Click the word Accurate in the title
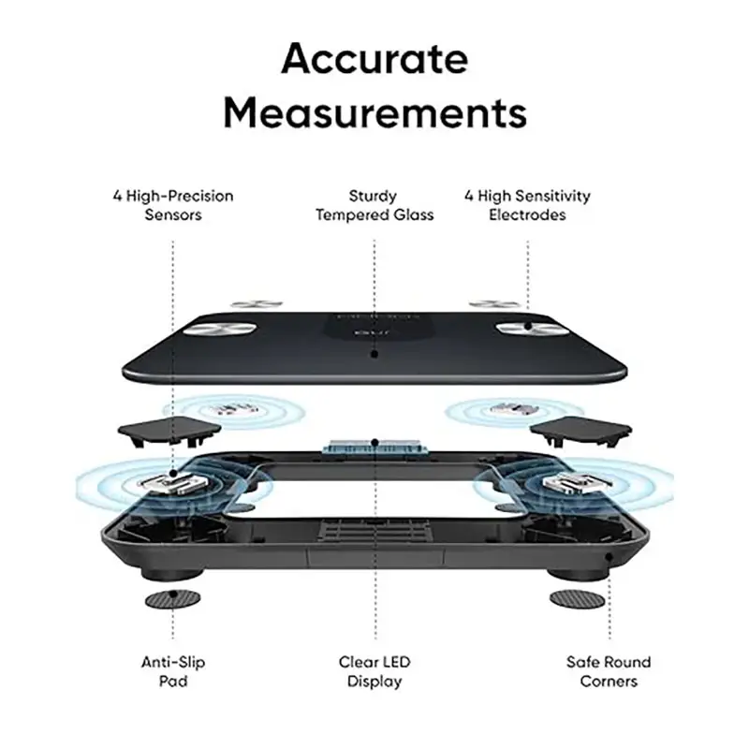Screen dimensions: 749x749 [374, 59]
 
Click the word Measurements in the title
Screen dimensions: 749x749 [375, 112]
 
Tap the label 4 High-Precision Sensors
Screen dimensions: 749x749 [173, 205]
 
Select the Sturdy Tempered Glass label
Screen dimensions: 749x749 [374, 205]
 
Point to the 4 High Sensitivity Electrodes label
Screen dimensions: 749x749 [527, 205]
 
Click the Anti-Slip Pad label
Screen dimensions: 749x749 [173, 671]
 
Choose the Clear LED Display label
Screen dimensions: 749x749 [374, 671]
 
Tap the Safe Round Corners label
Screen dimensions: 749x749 [609, 671]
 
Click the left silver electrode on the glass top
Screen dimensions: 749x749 [221, 329]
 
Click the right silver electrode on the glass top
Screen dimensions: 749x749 [531, 329]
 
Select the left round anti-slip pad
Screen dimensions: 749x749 [173, 598]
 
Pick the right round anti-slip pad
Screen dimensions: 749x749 [577, 598]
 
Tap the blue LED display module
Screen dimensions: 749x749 [374, 446]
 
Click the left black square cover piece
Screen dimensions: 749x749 [169, 430]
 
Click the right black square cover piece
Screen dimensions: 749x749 [580, 431]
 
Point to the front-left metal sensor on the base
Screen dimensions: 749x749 [173, 484]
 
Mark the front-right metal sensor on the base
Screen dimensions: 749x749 [578, 484]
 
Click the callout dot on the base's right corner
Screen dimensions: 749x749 [609, 557]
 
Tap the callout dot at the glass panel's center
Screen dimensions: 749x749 [374, 354]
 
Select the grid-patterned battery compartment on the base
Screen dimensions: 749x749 [375, 531]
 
